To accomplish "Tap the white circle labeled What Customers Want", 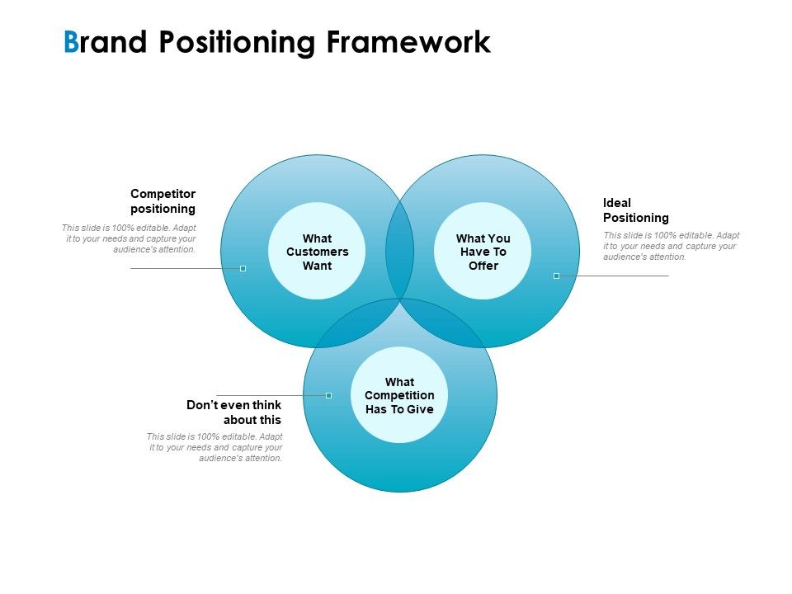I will (317, 251).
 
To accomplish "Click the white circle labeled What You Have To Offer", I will (483, 251).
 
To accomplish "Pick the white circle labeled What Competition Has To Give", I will (399, 394).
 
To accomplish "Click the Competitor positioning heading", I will (163, 201).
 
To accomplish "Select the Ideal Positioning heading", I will (635, 210).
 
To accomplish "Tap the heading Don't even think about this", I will (233, 412).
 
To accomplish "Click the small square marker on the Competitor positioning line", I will (243, 268).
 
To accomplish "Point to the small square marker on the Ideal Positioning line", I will (556, 276).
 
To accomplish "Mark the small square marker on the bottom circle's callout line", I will (328, 395).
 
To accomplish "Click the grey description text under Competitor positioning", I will (129, 238).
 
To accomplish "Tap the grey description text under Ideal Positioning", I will (671, 246).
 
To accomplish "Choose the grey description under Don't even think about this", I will (214, 447).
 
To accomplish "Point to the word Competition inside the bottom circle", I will (399, 395).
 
